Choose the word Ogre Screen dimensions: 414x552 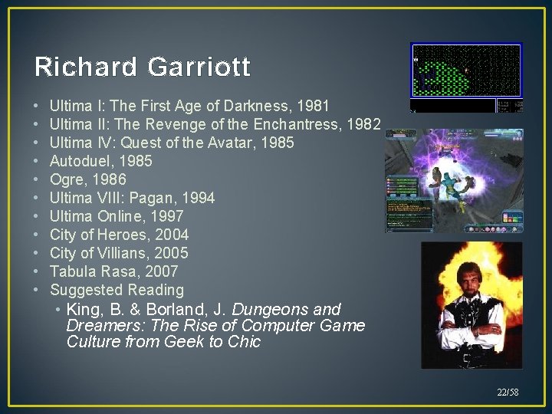(66, 179)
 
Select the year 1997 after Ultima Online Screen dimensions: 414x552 (168, 216)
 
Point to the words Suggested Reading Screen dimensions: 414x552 (117, 290)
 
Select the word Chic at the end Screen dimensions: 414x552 (245, 342)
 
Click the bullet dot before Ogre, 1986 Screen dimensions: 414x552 (37, 180)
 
